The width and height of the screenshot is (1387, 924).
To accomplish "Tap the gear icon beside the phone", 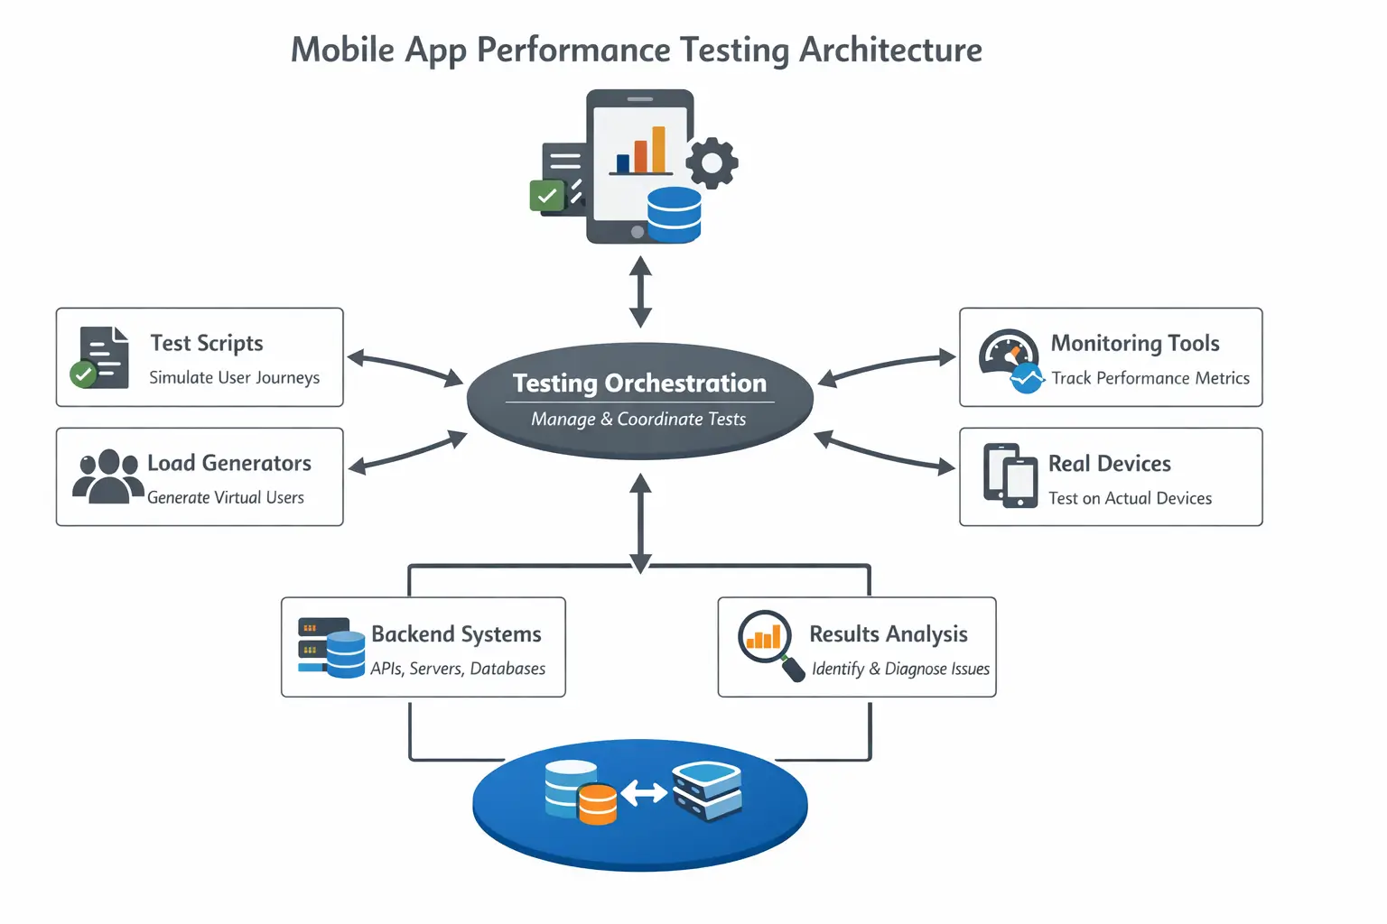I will (712, 162).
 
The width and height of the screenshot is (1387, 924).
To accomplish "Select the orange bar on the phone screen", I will (658, 149).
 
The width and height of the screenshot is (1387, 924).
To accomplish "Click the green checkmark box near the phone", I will (546, 195).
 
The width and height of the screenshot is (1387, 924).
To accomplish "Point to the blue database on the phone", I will (674, 215).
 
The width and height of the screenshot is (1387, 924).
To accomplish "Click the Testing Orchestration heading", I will (639, 383).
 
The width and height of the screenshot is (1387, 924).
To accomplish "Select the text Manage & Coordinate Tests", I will (638, 420).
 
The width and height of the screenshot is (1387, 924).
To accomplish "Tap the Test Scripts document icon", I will (101, 357).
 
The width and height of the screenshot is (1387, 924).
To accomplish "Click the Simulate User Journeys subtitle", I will (234, 378).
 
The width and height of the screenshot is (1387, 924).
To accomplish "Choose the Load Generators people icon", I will (107, 476).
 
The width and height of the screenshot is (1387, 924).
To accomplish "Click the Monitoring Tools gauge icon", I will (1010, 359).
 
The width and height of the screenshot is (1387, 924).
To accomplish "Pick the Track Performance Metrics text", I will (1150, 379).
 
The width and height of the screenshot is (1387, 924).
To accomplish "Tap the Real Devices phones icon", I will (1010, 476).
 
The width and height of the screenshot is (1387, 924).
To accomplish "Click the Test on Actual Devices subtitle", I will (1130, 499).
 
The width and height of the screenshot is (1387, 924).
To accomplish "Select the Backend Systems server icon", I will (330, 647).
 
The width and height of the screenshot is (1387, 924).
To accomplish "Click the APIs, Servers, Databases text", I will (458, 670).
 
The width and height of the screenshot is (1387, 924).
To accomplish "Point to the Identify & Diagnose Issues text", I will (900, 670).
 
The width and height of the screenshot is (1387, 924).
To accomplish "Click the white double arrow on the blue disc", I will (644, 793).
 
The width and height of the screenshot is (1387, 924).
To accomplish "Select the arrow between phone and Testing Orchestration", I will (640, 291).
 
